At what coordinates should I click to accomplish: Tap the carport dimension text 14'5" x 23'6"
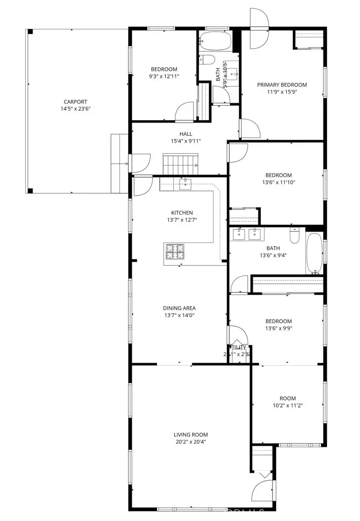pos(75,108)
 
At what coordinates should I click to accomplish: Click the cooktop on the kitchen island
pos(174,250)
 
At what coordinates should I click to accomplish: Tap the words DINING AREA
pos(179,308)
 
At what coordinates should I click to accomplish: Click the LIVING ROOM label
pos(191,435)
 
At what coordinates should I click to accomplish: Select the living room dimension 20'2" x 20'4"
pos(191,442)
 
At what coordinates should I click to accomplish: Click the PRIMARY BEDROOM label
pos(282,85)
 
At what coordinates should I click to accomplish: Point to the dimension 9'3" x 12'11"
pos(164,76)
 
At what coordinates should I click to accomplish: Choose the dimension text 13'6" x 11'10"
pos(278,182)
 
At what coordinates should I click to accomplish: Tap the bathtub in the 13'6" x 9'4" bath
pos(313,253)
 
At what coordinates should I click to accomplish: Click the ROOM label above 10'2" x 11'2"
pos(287,398)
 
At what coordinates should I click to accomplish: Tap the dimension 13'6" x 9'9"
pos(278,328)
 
